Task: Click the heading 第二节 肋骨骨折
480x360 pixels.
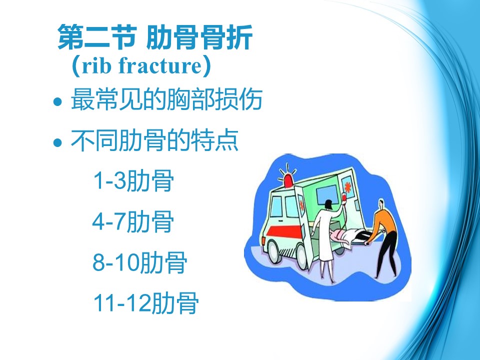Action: (x=155, y=37)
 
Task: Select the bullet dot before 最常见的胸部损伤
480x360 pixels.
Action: (x=57, y=101)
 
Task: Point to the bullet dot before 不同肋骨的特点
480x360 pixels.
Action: (x=57, y=142)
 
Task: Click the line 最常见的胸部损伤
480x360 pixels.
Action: (x=166, y=99)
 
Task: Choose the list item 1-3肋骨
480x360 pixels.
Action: (x=133, y=180)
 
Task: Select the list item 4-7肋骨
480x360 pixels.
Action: (x=133, y=221)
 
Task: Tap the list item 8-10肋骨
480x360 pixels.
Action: (x=140, y=262)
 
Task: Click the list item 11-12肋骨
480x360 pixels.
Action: (x=146, y=303)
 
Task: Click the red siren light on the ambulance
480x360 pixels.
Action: (x=288, y=180)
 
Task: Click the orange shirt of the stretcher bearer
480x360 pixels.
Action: (x=385, y=220)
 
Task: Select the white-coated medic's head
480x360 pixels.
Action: (x=328, y=204)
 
